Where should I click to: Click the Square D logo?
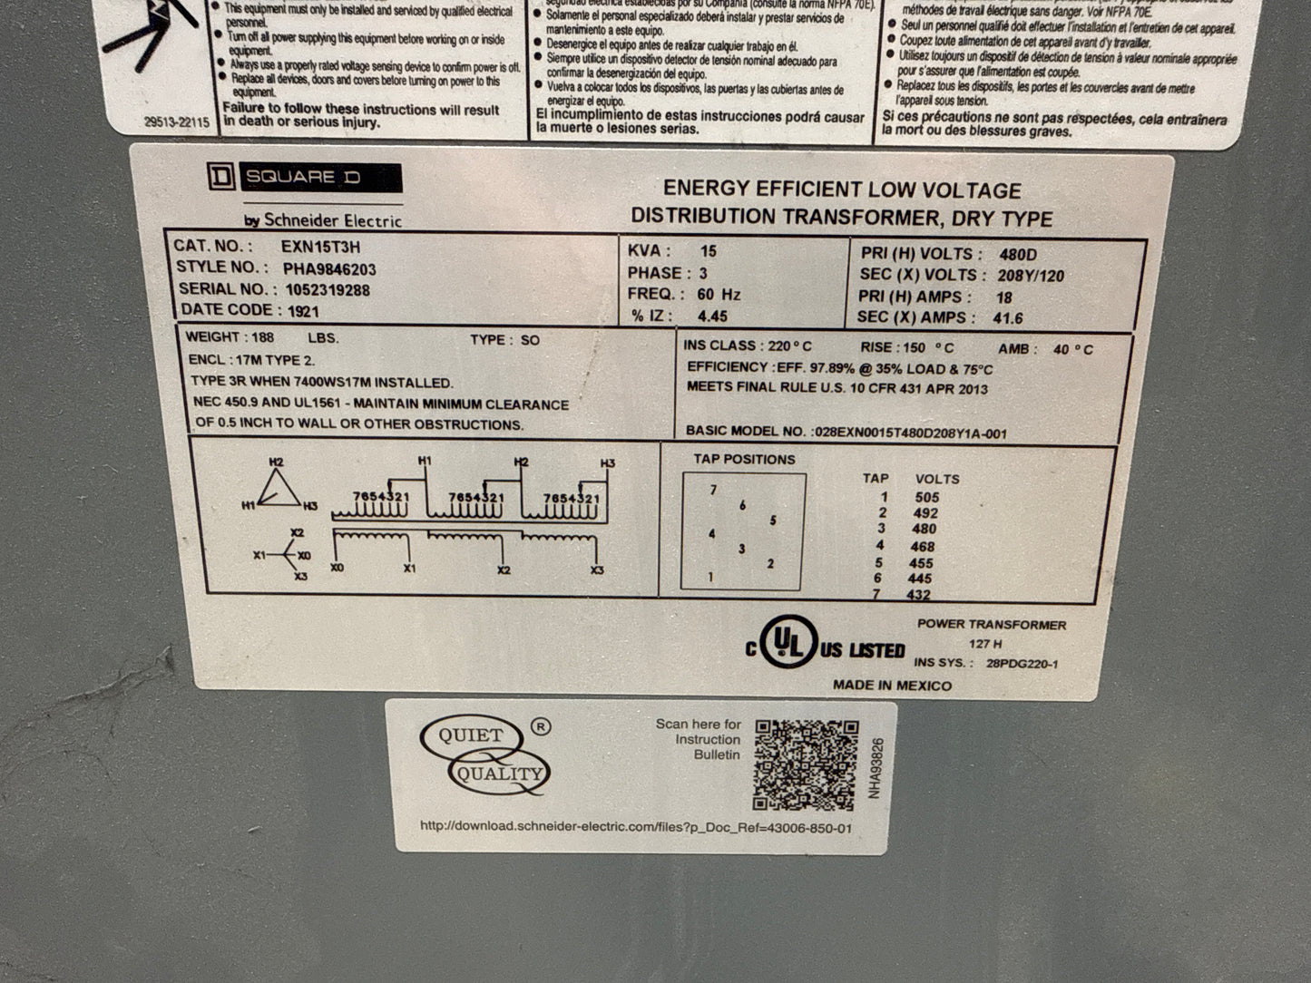point(304,178)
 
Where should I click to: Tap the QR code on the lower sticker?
point(806,764)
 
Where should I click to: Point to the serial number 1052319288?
point(328,290)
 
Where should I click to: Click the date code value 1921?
point(303,311)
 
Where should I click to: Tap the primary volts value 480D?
point(1017,255)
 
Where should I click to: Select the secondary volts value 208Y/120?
point(1031,276)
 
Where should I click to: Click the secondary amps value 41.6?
point(1008,318)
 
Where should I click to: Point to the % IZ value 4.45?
point(712,316)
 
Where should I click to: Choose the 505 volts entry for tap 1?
point(926,497)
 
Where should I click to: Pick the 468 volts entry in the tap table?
point(922,546)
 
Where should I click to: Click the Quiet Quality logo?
point(485,754)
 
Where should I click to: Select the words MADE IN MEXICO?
point(892,686)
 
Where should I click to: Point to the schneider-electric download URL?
point(636,827)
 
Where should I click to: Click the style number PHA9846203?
point(329,269)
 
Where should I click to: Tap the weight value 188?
point(262,337)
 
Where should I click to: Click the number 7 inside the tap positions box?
point(713,491)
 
